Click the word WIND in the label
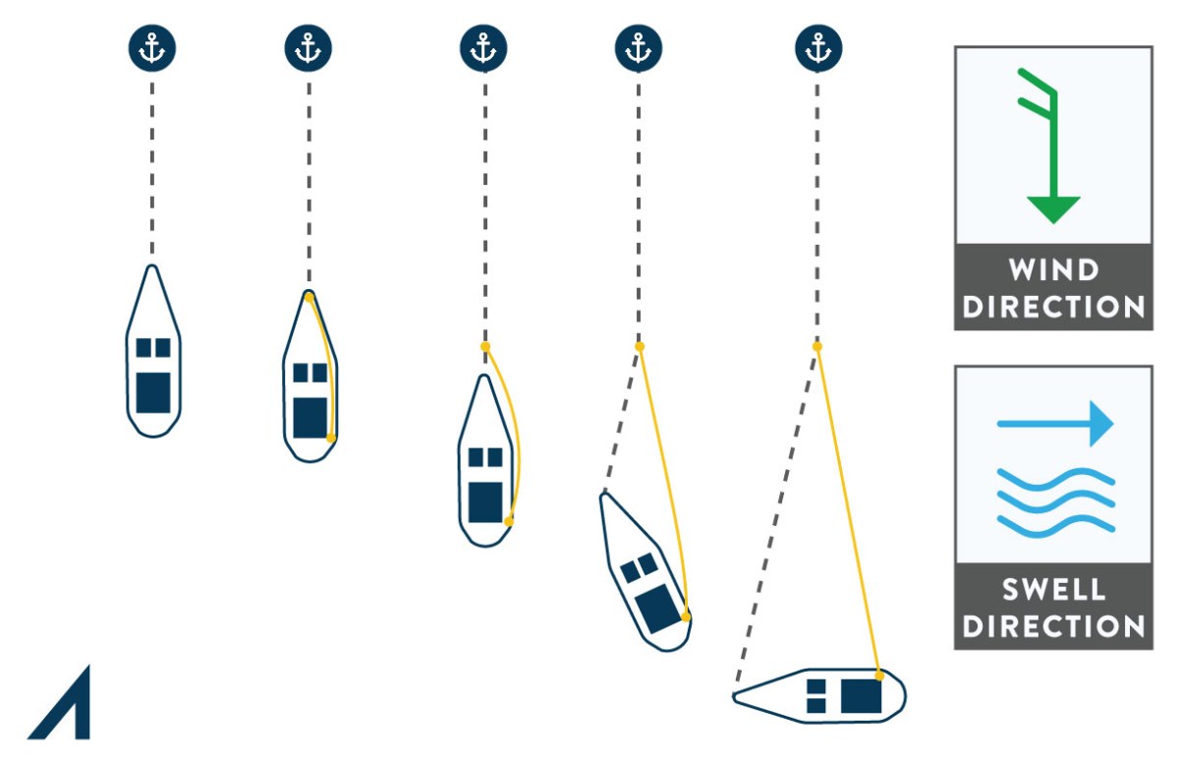pyautogui.click(x=1052, y=269)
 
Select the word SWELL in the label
pyautogui.click(x=1053, y=590)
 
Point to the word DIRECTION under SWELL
pyautogui.click(x=1053, y=626)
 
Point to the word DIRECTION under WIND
pyautogui.click(x=1053, y=306)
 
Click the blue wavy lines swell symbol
pyautogui.click(x=1055, y=500)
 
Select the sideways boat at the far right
pyautogui.click(x=820, y=695)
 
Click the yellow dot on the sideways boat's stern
pyautogui.click(x=879, y=676)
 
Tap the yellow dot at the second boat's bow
pyautogui.click(x=309, y=296)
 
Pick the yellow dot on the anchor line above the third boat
pyautogui.click(x=484, y=347)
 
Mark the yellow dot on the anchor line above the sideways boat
pyautogui.click(x=817, y=347)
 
